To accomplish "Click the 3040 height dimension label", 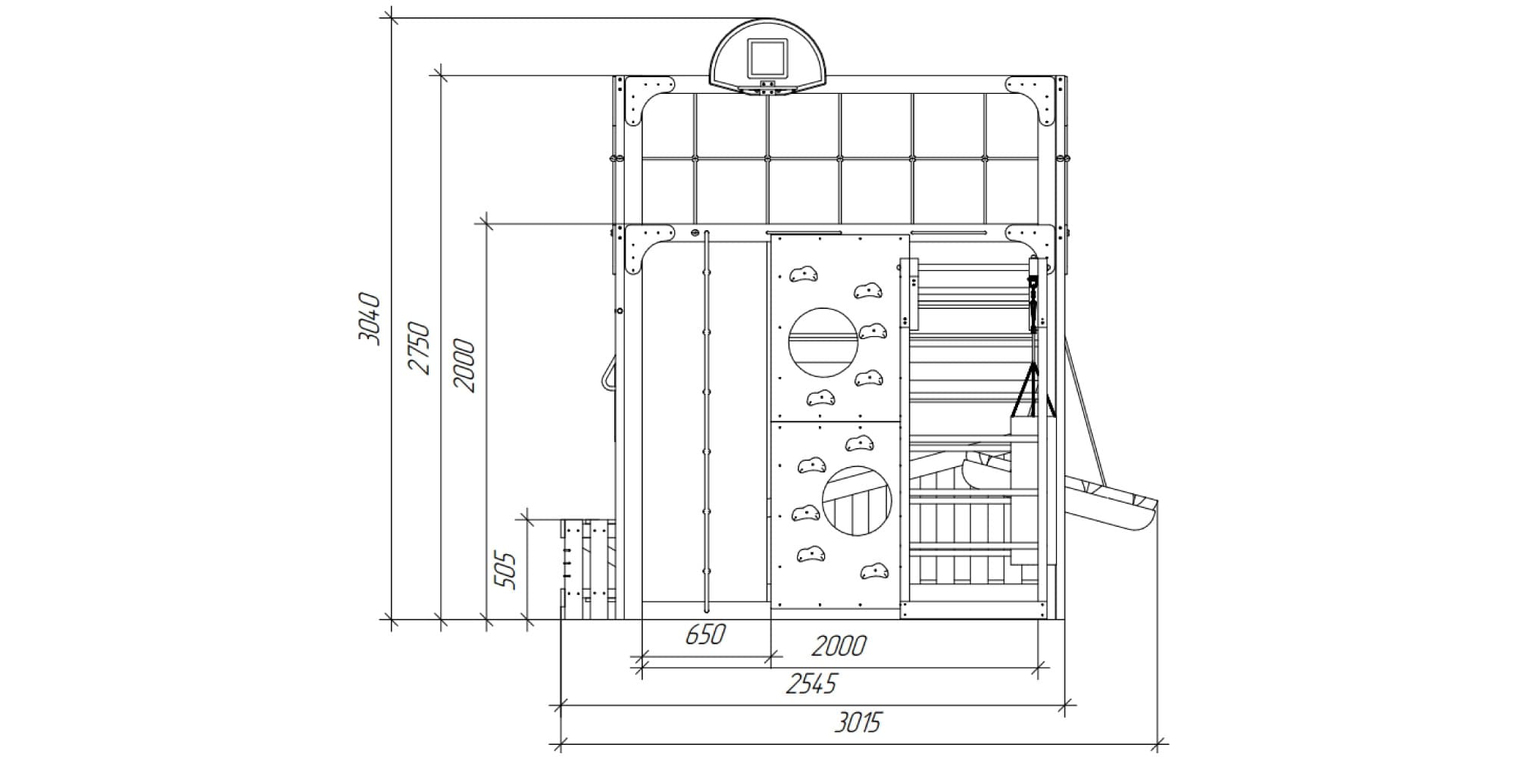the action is (370, 319).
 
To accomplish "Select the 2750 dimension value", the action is (419, 348).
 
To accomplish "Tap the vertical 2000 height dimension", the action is (464, 366).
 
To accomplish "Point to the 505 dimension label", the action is (505, 571).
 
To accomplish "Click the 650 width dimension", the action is (705, 634).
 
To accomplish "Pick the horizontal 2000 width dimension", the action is (839, 646).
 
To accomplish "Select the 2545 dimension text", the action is (811, 684).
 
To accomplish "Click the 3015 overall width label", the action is (858, 722).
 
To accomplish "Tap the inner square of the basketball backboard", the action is (767, 58).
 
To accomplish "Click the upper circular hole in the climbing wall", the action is (823, 343).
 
